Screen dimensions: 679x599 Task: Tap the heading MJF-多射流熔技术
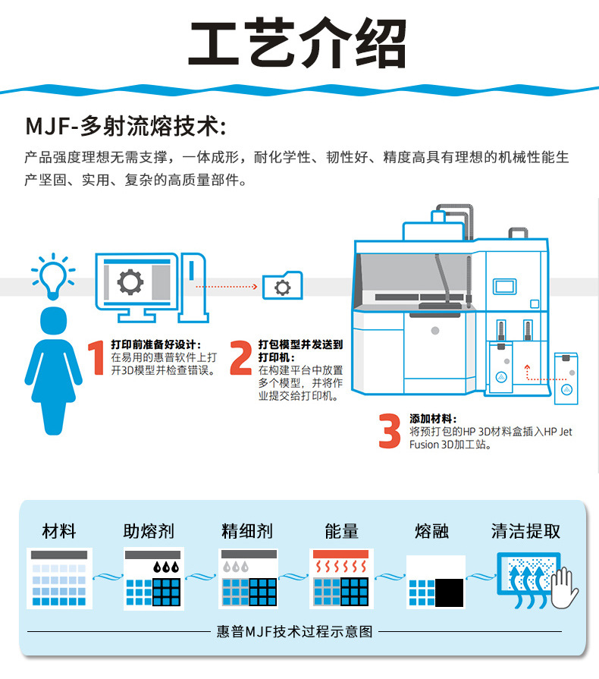coord(125,124)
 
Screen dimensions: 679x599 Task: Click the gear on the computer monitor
coord(130,282)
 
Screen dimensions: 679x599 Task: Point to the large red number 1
coord(96,358)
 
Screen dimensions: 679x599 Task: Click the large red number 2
coord(241,358)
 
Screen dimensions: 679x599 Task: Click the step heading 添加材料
coord(432,418)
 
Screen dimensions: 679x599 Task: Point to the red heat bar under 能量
coord(340,555)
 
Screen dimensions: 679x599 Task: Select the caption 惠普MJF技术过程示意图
coord(295,631)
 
